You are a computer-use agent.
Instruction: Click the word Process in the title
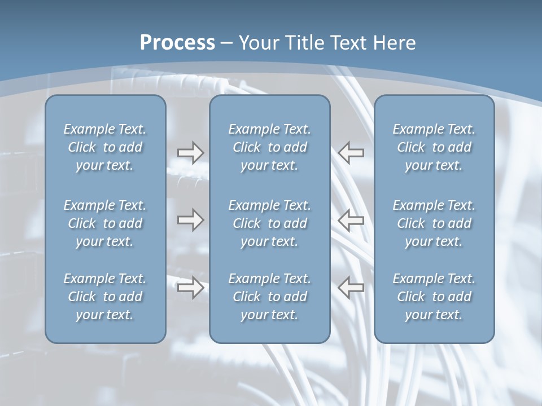pyautogui.click(x=177, y=43)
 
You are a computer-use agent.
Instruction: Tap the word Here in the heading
pyautogui.click(x=394, y=43)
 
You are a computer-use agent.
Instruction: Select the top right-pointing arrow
pyautogui.click(x=190, y=153)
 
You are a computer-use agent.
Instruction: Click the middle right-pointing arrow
pyautogui.click(x=190, y=220)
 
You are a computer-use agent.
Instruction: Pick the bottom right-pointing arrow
pyautogui.click(x=190, y=288)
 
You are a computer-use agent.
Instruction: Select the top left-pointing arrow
pyautogui.click(x=351, y=152)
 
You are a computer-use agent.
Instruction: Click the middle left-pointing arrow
pyautogui.click(x=351, y=220)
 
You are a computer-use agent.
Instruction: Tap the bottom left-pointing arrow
pyautogui.click(x=351, y=287)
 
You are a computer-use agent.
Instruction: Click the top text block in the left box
pyautogui.click(x=105, y=147)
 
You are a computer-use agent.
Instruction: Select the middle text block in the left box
pyautogui.click(x=105, y=223)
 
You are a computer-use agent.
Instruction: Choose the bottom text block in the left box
pyautogui.click(x=105, y=297)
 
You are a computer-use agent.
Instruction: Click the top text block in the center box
pyautogui.click(x=269, y=147)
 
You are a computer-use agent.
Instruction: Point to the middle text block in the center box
pyautogui.click(x=269, y=223)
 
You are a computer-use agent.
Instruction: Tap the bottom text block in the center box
pyautogui.click(x=269, y=297)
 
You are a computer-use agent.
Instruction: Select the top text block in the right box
pyautogui.click(x=434, y=147)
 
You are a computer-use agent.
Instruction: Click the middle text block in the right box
pyautogui.click(x=434, y=223)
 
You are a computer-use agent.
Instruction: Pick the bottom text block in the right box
pyautogui.click(x=434, y=297)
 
